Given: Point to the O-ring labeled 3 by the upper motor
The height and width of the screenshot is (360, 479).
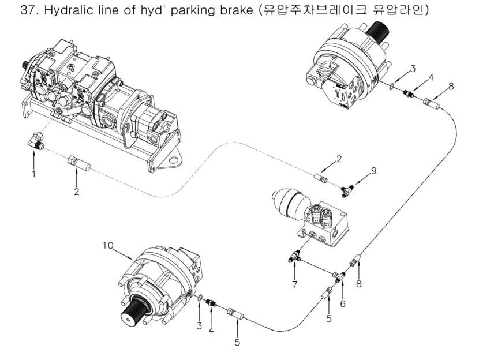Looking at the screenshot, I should click(393, 87).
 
